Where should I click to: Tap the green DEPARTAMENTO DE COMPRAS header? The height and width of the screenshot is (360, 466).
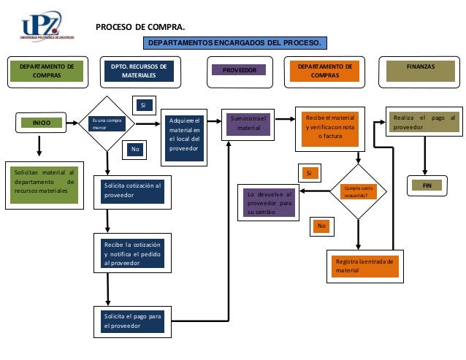pos(47,71)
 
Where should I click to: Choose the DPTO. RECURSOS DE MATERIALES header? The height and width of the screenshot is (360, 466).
pos(139,71)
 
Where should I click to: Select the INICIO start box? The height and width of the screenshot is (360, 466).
pos(42,123)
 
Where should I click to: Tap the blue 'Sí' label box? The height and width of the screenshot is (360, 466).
pos(143,106)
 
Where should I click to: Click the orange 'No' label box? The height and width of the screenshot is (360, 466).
pos(321,226)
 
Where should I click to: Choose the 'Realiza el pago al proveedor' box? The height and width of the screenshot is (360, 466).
pos(424,123)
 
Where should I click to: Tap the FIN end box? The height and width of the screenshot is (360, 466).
pos(427,186)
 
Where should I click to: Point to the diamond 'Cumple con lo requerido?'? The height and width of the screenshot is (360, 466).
pos(358,192)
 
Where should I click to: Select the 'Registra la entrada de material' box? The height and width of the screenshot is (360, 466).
pos(363,265)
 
